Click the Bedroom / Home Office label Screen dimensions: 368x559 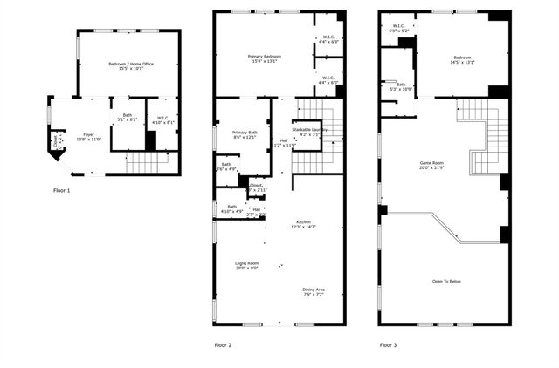131,67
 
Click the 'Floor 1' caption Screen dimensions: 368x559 62,189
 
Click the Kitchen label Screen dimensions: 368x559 302,224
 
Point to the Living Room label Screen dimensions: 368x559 246,265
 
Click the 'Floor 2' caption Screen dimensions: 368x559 224,345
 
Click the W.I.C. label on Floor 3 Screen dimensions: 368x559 398,28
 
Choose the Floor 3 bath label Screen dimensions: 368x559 400,86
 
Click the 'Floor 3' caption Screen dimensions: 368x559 389,345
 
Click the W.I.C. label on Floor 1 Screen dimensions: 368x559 163,119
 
